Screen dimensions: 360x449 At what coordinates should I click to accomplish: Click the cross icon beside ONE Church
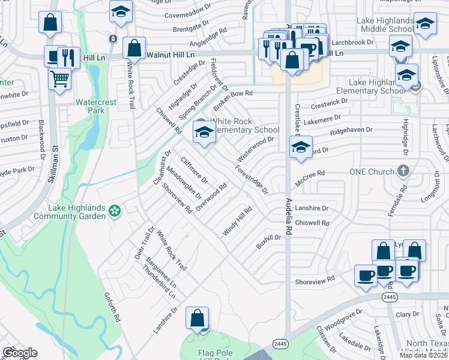coord(403,171)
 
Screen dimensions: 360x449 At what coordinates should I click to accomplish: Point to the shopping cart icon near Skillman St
coord(59,78)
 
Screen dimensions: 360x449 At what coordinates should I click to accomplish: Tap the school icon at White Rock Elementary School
coord(204,132)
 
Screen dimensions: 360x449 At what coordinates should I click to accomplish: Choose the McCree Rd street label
coord(313,173)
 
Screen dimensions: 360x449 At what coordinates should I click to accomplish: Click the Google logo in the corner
coord(20,353)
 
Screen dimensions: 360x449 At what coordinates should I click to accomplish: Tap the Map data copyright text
coord(423,355)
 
